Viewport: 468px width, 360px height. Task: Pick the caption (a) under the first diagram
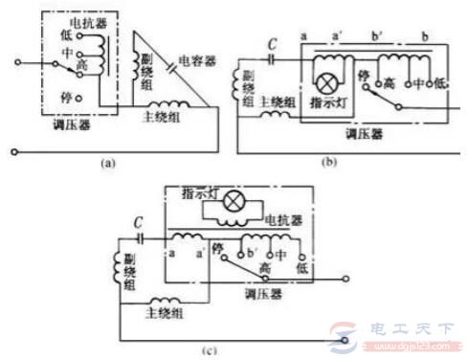point(106,163)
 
